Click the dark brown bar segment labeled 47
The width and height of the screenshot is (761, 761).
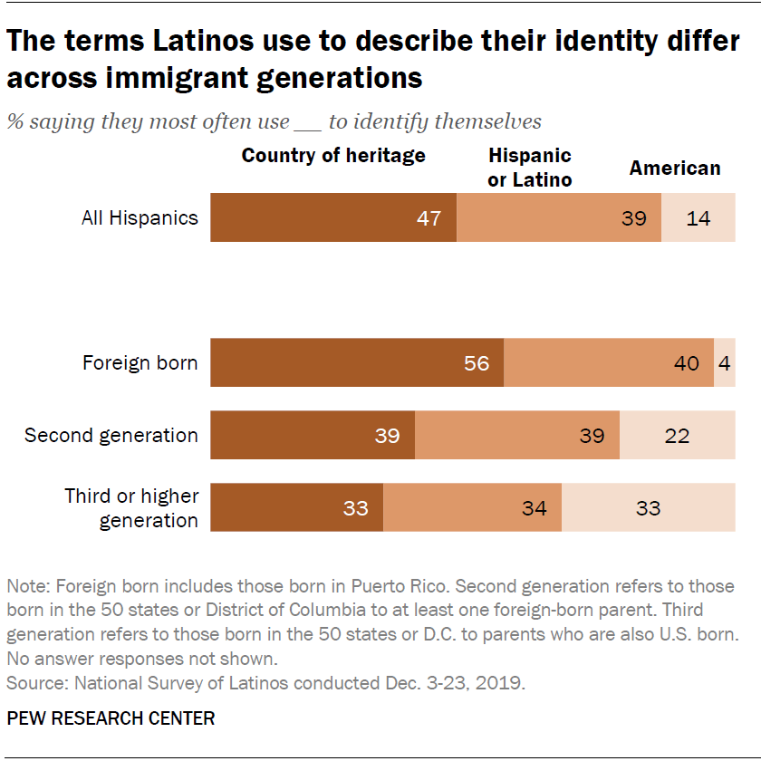333,217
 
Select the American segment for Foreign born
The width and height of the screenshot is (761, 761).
725,362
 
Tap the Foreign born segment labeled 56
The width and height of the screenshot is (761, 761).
357,362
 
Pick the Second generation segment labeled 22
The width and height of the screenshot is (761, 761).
677,435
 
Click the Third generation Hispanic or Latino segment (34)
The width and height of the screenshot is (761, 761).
472,507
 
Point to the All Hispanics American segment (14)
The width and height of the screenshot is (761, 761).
698,217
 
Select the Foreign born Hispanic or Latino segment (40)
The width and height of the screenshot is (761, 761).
609,362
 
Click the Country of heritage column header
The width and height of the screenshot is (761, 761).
332,155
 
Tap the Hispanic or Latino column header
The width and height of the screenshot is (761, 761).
530,168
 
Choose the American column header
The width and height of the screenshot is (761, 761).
675,168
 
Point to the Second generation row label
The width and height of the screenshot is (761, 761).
111,435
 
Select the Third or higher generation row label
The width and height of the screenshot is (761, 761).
131,507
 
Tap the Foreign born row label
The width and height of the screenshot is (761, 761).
140,363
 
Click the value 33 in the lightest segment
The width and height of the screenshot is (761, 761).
648,508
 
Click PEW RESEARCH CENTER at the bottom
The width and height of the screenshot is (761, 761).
111,718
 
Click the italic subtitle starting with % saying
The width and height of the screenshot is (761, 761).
274,121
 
